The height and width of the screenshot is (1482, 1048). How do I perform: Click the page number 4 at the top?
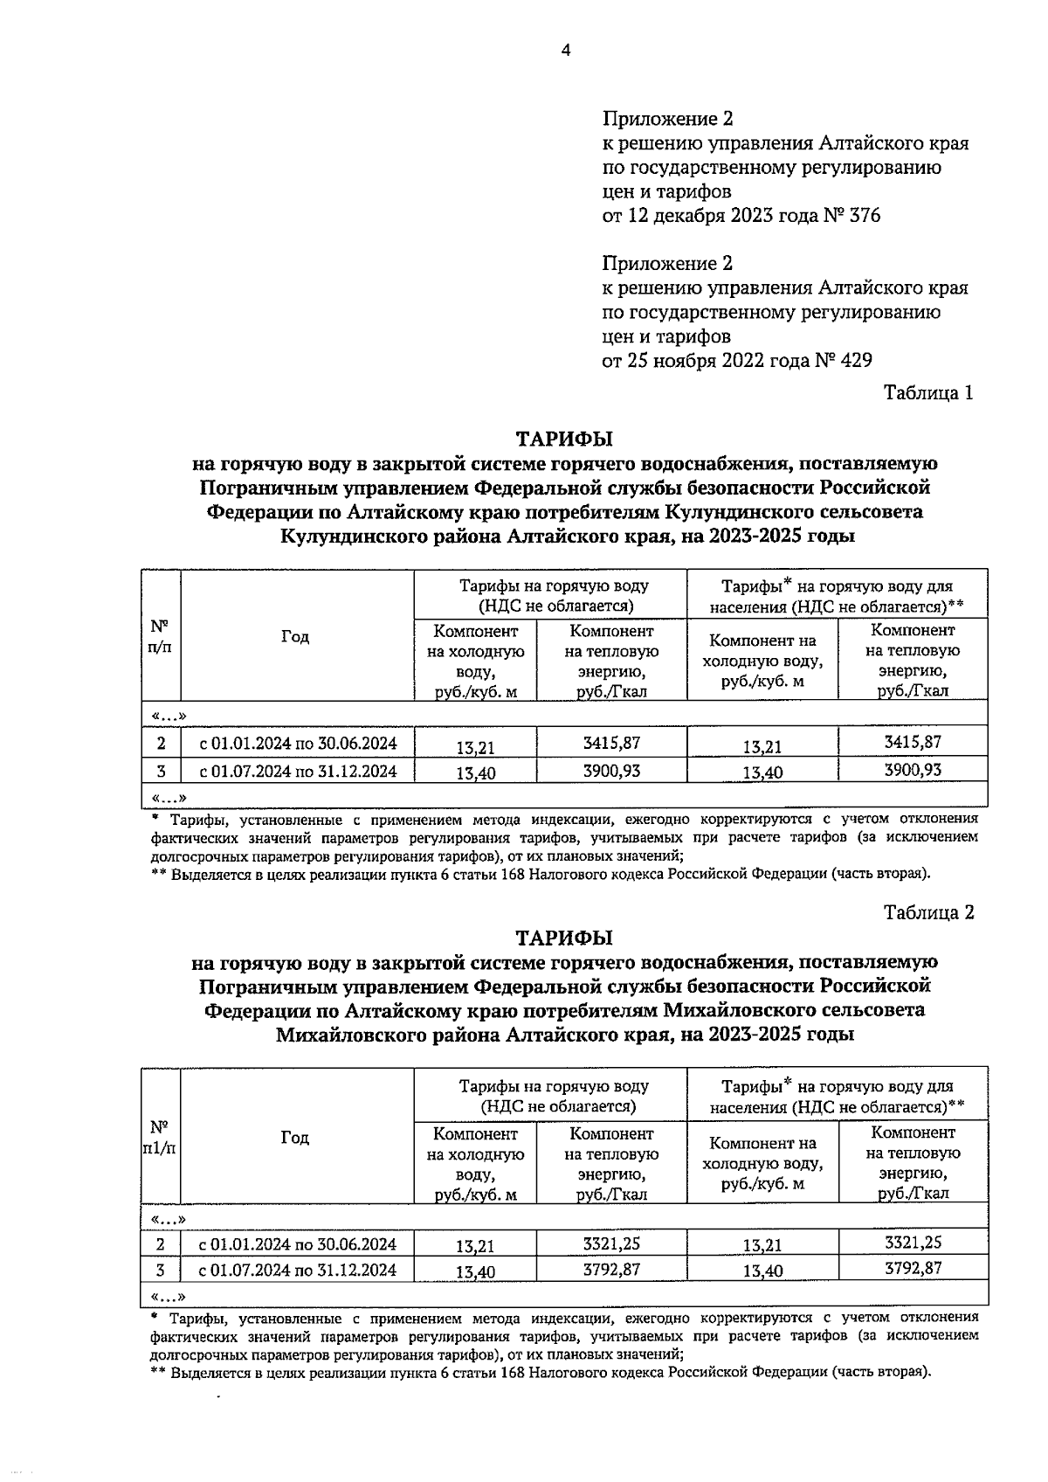point(565,51)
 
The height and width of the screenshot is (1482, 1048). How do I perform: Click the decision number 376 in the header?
point(865,215)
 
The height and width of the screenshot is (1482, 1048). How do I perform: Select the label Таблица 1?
point(928,392)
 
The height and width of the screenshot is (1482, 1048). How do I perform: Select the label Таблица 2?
point(928,912)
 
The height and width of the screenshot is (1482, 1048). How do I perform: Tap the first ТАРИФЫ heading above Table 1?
point(564,437)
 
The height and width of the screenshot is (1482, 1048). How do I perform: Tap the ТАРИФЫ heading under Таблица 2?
point(564,938)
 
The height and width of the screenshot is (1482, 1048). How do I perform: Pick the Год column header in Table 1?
point(295,636)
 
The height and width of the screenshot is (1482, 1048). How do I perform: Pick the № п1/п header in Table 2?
point(160,1138)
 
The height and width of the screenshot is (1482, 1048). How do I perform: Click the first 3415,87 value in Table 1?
point(611,743)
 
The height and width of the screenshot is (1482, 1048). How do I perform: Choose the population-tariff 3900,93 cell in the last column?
point(913,770)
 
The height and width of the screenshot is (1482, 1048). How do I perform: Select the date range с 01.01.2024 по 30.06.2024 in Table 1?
point(298,744)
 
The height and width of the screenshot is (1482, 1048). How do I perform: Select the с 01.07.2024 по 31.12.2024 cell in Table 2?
point(298,1270)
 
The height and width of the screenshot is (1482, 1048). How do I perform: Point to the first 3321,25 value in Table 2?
point(611,1243)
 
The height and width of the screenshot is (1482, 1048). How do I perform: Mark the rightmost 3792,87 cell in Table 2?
point(913,1268)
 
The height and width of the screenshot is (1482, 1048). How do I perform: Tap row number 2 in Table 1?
point(161,744)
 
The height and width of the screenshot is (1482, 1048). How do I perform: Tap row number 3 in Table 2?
point(161,1270)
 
